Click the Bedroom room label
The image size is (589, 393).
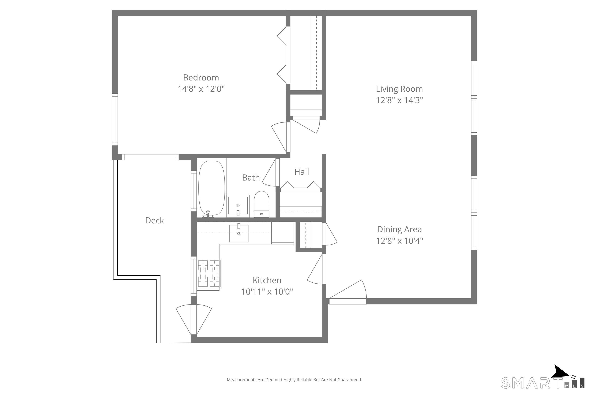click(x=201, y=78)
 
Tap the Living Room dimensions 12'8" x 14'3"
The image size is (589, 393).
click(x=399, y=100)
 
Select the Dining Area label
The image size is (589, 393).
click(x=399, y=229)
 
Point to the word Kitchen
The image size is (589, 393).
click(x=267, y=280)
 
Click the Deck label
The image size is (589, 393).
click(x=155, y=220)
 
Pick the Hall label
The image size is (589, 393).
click(x=302, y=172)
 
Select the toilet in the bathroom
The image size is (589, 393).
click(x=262, y=204)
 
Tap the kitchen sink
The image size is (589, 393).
click(x=239, y=233)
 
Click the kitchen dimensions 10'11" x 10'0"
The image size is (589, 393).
click(x=267, y=292)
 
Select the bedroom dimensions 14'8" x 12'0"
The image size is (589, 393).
click(x=201, y=89)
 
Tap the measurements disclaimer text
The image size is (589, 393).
click(x=294, y=380)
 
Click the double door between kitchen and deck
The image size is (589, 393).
click(x=194, y=320)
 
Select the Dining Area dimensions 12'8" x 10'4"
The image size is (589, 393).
click(x=399, y=241)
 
